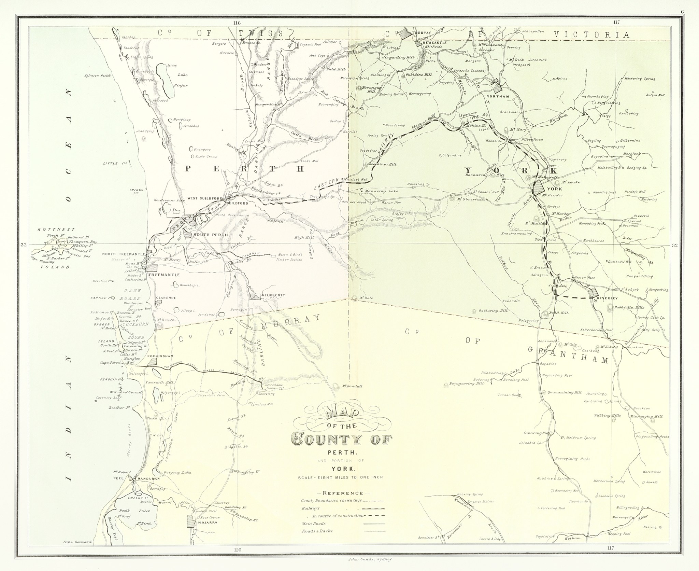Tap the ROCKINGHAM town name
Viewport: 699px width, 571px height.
tap(158, 356)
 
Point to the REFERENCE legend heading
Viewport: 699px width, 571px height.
tap(341, 493)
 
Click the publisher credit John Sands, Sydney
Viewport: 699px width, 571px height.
tap(369, 559)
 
